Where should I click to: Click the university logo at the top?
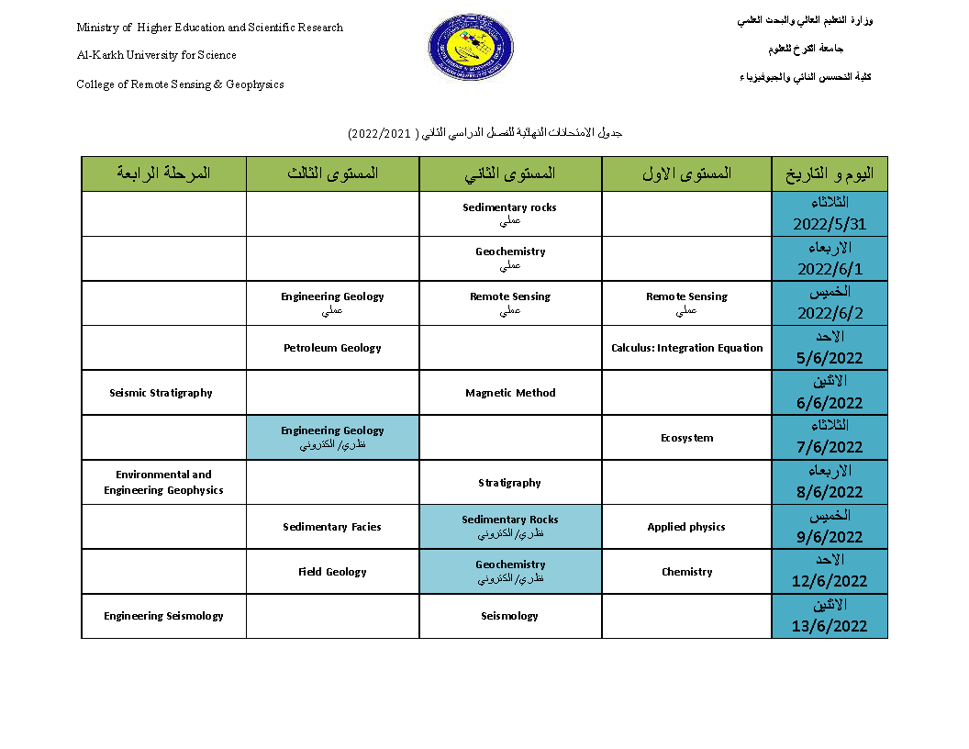(471, 47)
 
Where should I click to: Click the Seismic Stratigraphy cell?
(161, 393)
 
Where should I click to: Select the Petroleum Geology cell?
(332, 348)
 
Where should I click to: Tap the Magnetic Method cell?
(510, 393)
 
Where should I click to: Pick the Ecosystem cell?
(686, 438)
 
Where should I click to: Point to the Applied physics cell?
(686, 527)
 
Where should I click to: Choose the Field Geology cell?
(332, 572)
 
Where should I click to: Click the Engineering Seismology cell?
(163, 616)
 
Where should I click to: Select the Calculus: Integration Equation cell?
(686, 348)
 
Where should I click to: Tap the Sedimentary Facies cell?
(332, 527)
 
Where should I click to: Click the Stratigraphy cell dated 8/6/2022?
(510, 483)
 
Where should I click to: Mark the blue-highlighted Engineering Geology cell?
(332, 437)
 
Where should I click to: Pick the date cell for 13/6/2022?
(830, 616)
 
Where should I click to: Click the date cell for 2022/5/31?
(830, 214)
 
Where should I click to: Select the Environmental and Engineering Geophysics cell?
(163, 483)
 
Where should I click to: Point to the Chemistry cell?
(686, 572)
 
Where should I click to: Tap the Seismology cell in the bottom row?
(510, 616)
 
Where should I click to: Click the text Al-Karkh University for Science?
(157, 55)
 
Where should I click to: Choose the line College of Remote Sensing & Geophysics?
(180, 84)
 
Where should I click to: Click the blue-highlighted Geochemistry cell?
(510, 571)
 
